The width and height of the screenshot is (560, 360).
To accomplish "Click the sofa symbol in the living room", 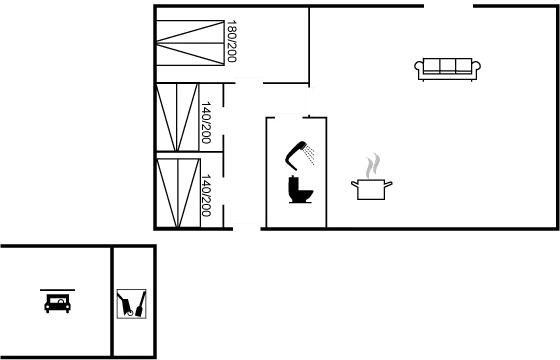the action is click(448, 68).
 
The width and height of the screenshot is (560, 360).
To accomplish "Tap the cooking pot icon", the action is click(372, 188).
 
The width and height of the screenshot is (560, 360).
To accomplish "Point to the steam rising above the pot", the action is click(373, 163).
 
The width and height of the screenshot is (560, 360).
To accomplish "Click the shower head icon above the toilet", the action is click(302, 156).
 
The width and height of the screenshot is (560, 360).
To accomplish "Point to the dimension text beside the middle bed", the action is click(207, 126).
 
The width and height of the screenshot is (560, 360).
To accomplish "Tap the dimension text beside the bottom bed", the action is click(207, 196).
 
